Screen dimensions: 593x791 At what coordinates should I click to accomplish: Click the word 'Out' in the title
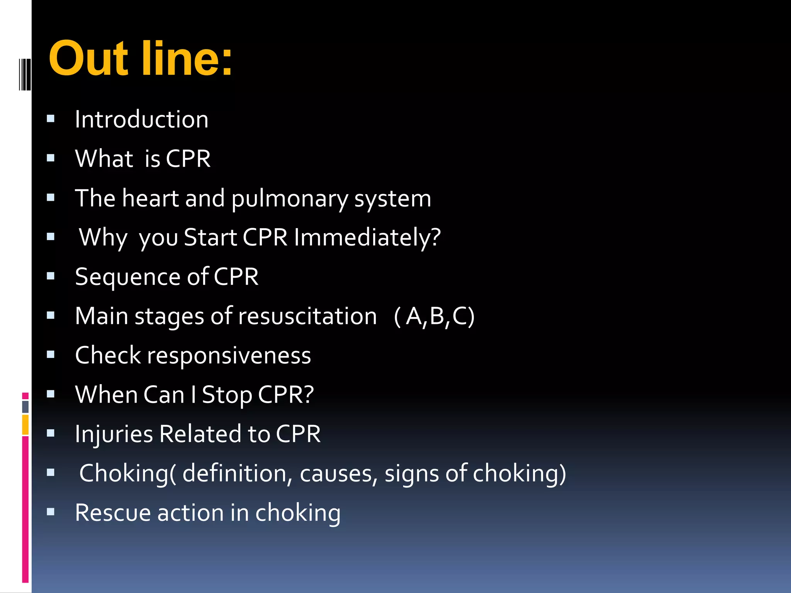click(88, 59)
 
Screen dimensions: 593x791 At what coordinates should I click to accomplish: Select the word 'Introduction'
click(141, 119)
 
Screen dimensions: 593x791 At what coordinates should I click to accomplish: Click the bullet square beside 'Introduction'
click(51, 119)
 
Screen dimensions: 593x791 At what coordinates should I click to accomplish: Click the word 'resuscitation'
click(307, 316)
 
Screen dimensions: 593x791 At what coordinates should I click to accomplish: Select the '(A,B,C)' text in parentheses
click(434, 317)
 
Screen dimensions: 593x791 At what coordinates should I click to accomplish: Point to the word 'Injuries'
click(114, 434)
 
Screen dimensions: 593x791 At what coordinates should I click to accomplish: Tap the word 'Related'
click(200, 434)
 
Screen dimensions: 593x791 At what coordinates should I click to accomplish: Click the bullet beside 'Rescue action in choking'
click(51, 512)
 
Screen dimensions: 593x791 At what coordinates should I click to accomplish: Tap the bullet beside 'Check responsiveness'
click(51, 355)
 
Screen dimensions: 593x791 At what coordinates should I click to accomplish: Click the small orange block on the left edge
click(25, 425)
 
